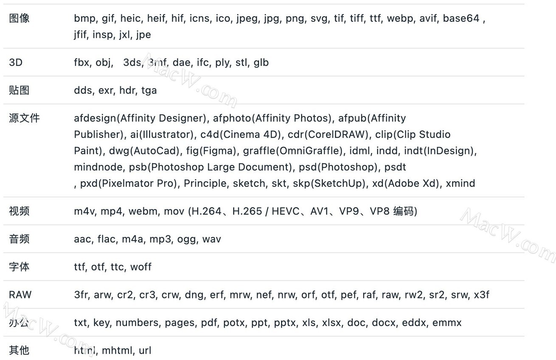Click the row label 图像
click(19, 18)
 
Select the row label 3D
click(16, 62)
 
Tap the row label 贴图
click(19, 90)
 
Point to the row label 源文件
click(24, 118)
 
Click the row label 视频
click(19, 211)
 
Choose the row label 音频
click(19, 239)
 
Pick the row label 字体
click(19, 267)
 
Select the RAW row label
click(20, 295)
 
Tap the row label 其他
click(19, 350)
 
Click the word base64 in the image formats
click(461, 18)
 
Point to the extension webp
click(400, 18)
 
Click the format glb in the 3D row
click(261, 62)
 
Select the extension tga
click(149, 90)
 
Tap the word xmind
click(461, 183)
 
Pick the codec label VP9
click(349, 211)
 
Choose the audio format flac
click(106, 239)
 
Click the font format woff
click(141, 267)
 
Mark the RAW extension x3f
click(482, 295)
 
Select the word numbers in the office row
click(137, 323)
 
